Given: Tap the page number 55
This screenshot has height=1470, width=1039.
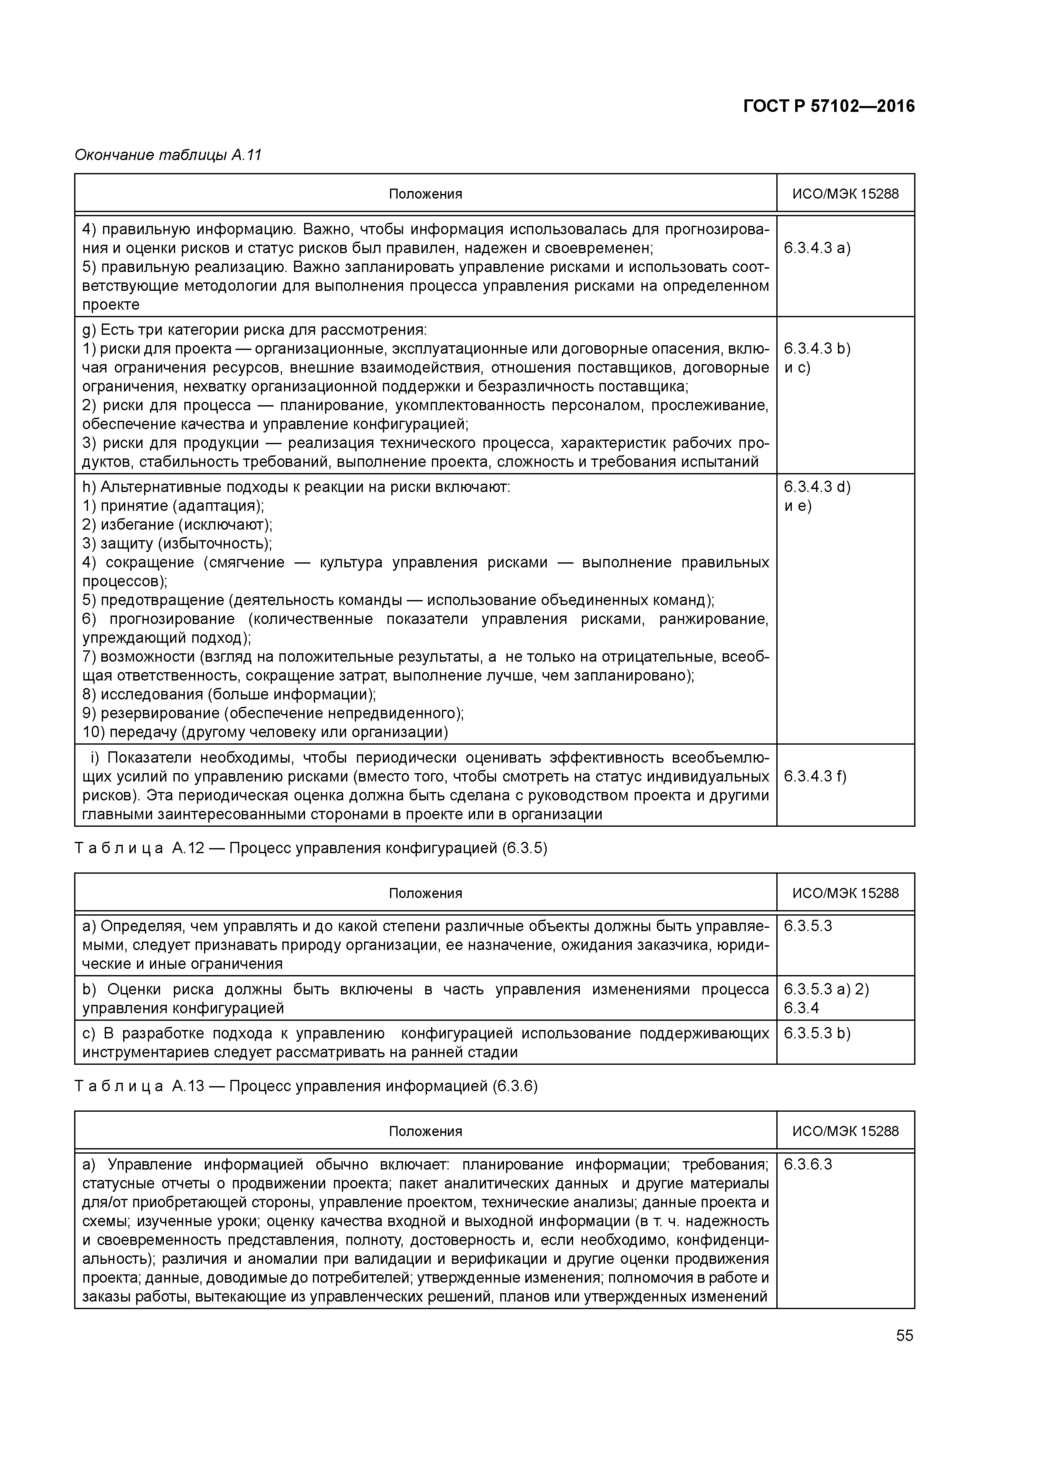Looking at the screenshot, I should [x=904, y=1335].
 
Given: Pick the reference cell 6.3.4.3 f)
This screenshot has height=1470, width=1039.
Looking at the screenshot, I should [x=814, y=776].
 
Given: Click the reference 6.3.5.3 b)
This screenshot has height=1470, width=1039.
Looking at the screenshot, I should [x=817, y=1033].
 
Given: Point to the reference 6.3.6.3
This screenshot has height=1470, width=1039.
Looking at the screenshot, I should [x=807, y=1165].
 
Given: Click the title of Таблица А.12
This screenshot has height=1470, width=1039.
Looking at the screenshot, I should [x=311, y=848].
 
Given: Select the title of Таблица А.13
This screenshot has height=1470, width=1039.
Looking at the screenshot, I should [x=306, y=1087].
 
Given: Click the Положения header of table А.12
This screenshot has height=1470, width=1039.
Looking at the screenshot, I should [x=425, y=893].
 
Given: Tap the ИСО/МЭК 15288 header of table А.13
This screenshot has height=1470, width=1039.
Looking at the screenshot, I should [x=845, y=1131].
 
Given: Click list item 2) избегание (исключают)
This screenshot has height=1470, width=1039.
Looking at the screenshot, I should [x=177, y=525].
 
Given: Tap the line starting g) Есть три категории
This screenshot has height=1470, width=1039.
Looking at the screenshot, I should [x=254, y=330].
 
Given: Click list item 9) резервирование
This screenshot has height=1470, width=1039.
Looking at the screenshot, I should [x=273, y=713].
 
